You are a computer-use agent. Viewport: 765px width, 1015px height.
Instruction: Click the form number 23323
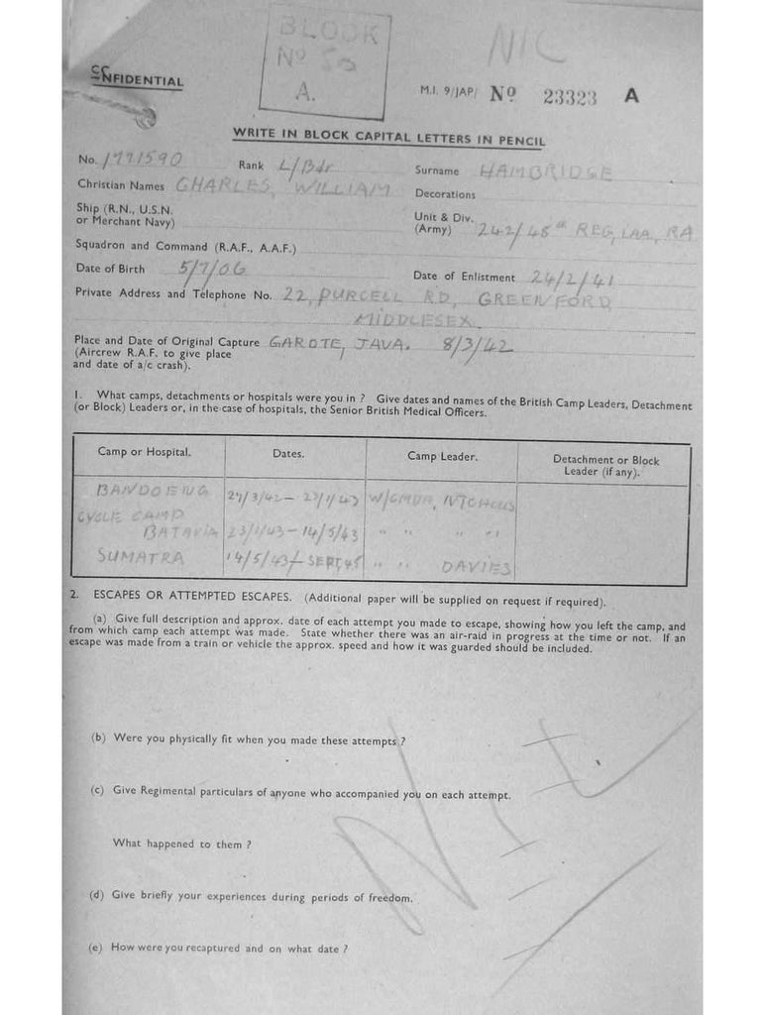570,97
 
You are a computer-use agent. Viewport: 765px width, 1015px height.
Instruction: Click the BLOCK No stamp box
324,64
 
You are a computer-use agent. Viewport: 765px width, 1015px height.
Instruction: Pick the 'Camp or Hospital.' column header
145,452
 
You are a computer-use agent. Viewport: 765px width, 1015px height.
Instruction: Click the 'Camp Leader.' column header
442,456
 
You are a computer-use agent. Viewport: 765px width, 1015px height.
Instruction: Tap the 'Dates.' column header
288,454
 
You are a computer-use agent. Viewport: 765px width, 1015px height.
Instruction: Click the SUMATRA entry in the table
141,558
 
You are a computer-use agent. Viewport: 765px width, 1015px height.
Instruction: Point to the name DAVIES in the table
477,568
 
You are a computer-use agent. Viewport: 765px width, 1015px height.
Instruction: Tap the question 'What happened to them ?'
181,844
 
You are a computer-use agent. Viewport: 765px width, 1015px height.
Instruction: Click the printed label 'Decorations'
445,194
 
